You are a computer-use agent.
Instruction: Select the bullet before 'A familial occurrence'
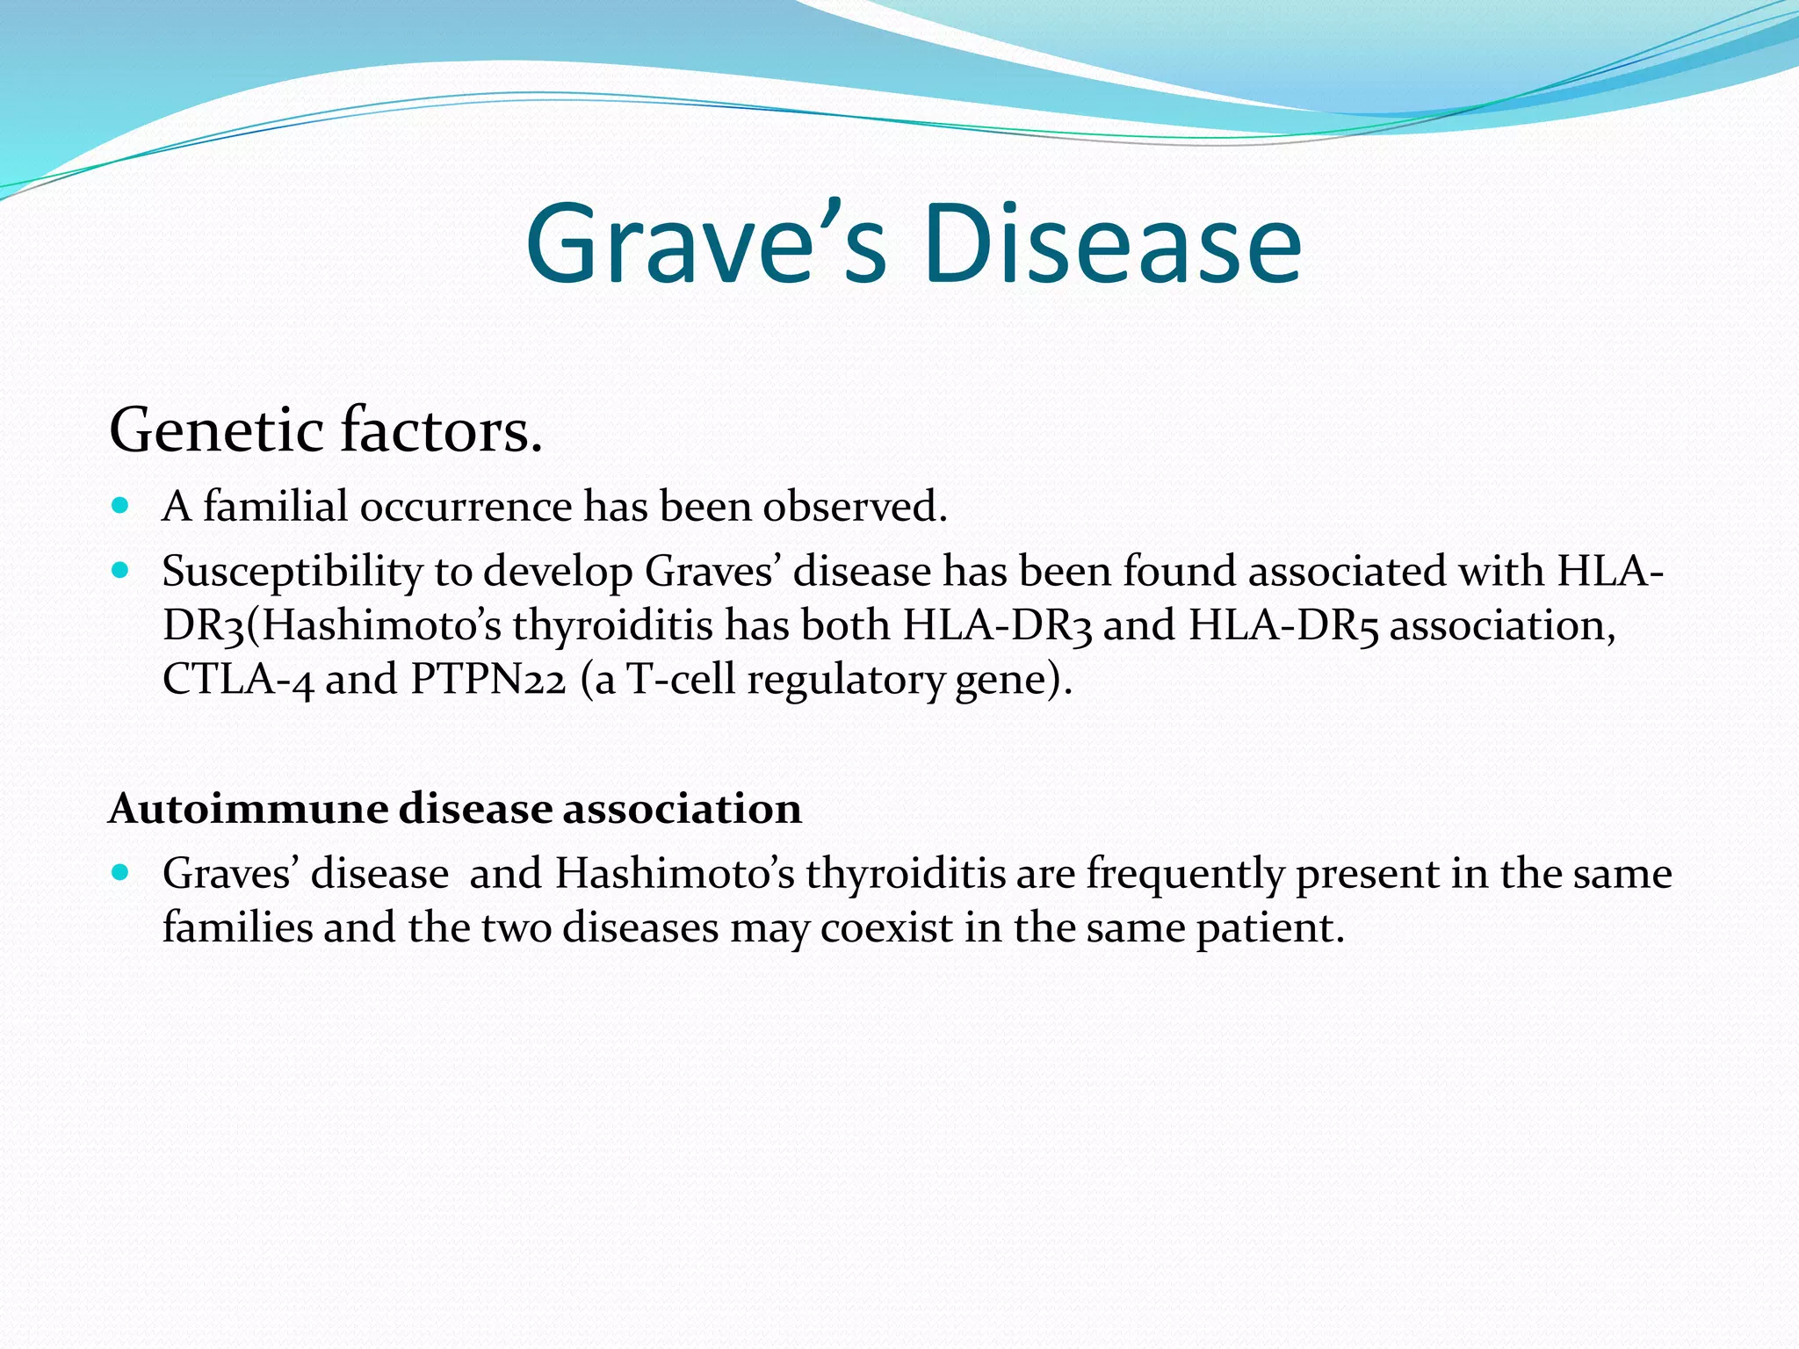tap(121, 506)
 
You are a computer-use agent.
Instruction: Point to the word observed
tap(855, 507)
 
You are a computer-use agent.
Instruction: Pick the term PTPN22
tap(488, 680)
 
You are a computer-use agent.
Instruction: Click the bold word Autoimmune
tap(248, 808)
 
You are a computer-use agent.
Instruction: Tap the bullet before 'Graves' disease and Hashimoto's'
tap(121, 873)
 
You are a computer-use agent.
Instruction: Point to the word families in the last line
tap(237, 928)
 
